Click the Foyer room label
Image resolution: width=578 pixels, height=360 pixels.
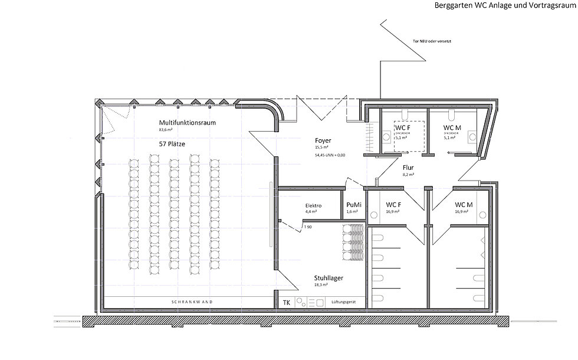tap(323, 140)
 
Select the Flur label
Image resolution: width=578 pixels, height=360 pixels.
tap(408, 168)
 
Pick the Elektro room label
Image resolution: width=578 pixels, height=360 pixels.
tap(313, 205)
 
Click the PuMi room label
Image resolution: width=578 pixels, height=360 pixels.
tap(353, 205)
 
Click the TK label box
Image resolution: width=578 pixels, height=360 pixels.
tap(287, 302)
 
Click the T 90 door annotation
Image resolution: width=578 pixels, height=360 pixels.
tap(308, 227)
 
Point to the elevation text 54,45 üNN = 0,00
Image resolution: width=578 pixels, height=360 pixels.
tap(330, 155)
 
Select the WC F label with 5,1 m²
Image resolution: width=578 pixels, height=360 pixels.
tap(403, 127)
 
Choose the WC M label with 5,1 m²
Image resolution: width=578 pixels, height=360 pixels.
tap(452, 127)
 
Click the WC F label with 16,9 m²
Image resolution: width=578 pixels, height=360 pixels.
tap(393, 205)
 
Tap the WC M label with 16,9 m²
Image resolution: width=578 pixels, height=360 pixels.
tap(464, 205)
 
